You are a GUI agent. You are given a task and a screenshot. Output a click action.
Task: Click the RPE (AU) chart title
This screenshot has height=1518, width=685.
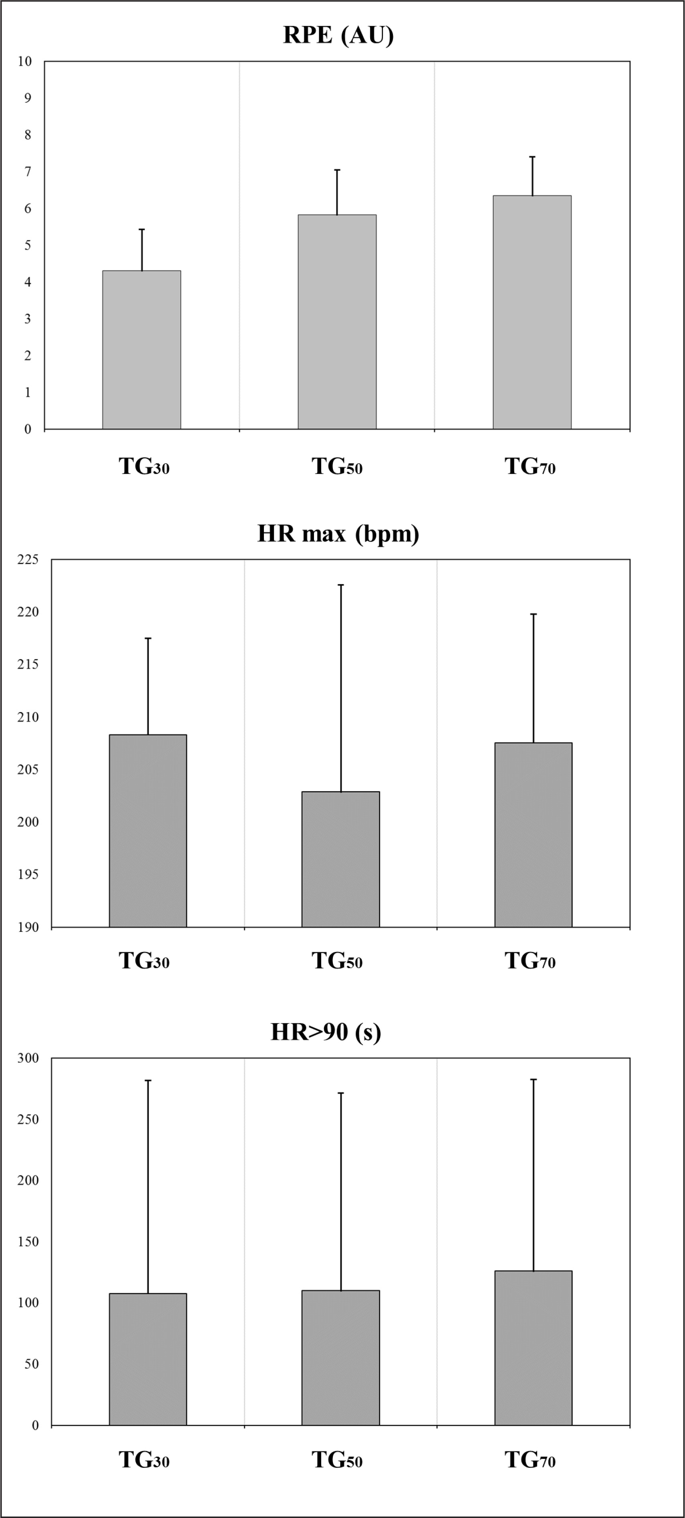pos(338,35)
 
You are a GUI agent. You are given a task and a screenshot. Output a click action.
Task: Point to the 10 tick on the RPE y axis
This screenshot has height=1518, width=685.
pos(25,61)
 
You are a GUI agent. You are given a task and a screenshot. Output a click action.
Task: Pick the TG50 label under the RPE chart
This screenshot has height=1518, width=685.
pos(337,467)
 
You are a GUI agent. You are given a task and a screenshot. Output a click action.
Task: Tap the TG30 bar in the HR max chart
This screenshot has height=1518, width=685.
pos(148,830)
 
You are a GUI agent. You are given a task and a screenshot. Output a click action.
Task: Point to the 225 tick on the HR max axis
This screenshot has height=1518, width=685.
pos(27,559)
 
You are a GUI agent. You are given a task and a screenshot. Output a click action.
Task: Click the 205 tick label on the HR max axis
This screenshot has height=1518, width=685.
pos(27,769)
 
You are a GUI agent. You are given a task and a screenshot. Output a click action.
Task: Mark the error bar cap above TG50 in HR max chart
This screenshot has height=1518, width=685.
pos(340,585)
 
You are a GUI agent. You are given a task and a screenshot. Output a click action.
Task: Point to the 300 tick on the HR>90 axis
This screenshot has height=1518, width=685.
pos(27,1058)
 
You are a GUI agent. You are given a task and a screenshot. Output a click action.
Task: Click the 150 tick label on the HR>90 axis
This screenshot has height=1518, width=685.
pos(27,1242)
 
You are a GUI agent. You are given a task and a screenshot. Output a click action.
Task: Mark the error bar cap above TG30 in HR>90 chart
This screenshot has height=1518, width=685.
pos(148,1081)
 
